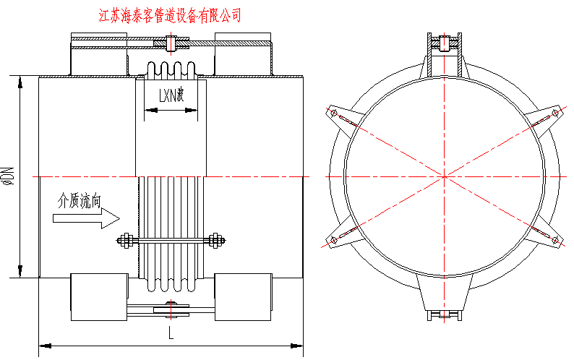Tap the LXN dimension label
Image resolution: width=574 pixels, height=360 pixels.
[x=171, y=95]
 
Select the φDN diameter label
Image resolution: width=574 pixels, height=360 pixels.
[x=8, y=176]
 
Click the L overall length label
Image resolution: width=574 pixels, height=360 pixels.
[x=171, y=333]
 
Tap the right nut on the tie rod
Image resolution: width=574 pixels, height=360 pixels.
[x=216, y=241]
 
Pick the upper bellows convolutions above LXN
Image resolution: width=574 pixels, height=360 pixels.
[x=171, y=72]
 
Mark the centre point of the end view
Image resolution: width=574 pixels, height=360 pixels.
[x=444, y=176]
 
